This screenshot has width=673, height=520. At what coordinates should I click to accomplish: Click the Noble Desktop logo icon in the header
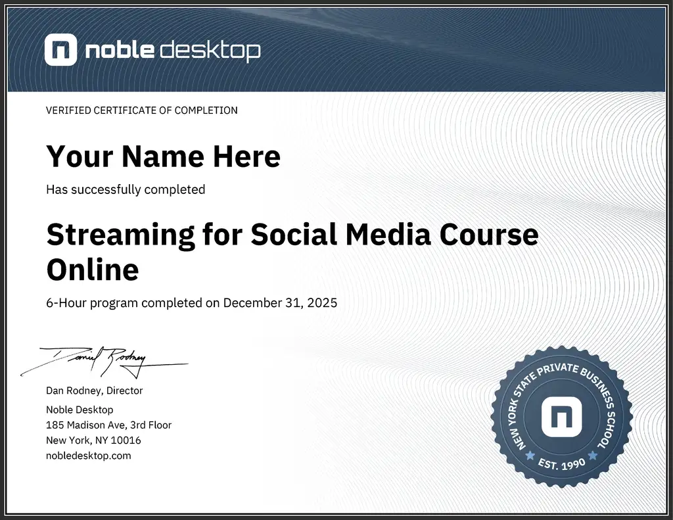60,50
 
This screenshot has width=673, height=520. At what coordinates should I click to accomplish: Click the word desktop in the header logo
210,51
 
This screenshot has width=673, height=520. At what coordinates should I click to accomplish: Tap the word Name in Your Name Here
163,156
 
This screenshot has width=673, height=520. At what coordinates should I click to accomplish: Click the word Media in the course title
388,235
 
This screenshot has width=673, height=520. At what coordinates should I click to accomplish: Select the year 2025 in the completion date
322,302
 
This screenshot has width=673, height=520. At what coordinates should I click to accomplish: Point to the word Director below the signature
124,390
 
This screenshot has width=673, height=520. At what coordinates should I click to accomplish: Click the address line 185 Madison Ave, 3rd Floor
108,425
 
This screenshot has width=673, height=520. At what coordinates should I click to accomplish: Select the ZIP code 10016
126,440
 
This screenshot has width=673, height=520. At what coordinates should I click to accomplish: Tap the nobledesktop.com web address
89,456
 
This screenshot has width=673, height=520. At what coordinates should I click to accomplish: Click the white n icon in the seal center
561,417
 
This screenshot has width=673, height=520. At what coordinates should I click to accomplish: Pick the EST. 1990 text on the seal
561,463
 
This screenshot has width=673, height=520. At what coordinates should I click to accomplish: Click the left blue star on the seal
530,455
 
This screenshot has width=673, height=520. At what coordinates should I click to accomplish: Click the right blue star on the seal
593,455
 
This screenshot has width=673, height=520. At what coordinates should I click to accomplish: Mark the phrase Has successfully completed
126,189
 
